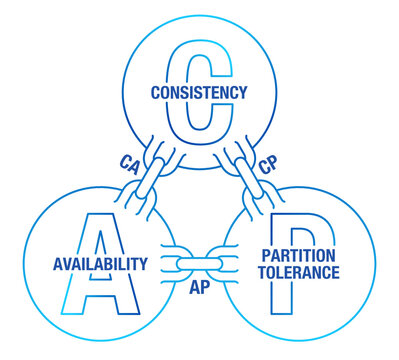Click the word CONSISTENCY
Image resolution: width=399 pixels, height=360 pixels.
pyautogui.click(x=199, y=92)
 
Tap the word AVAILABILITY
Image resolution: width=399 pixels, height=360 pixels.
pyautogui.click(x=100, y=264)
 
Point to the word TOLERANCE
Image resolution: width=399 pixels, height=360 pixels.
pyautogui.click(x=299, y=272)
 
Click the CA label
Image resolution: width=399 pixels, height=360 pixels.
pyautogui.click(x=128, y=161)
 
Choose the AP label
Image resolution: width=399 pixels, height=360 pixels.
pyautogui.click(x=199, y=286)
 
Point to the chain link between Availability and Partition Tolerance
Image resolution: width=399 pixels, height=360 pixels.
pyautogui.click(x=199, y=264)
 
